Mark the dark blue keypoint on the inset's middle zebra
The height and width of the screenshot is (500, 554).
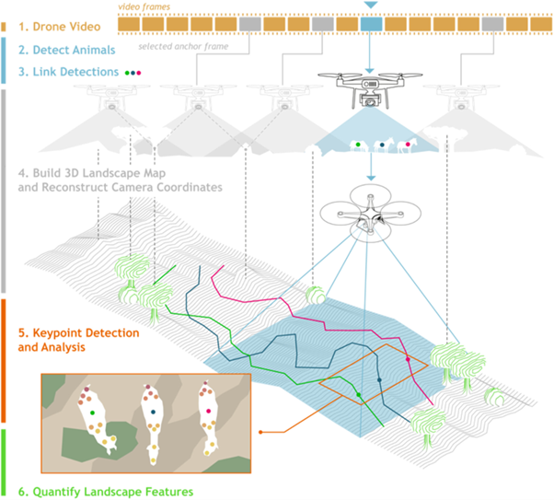point(152,412)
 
